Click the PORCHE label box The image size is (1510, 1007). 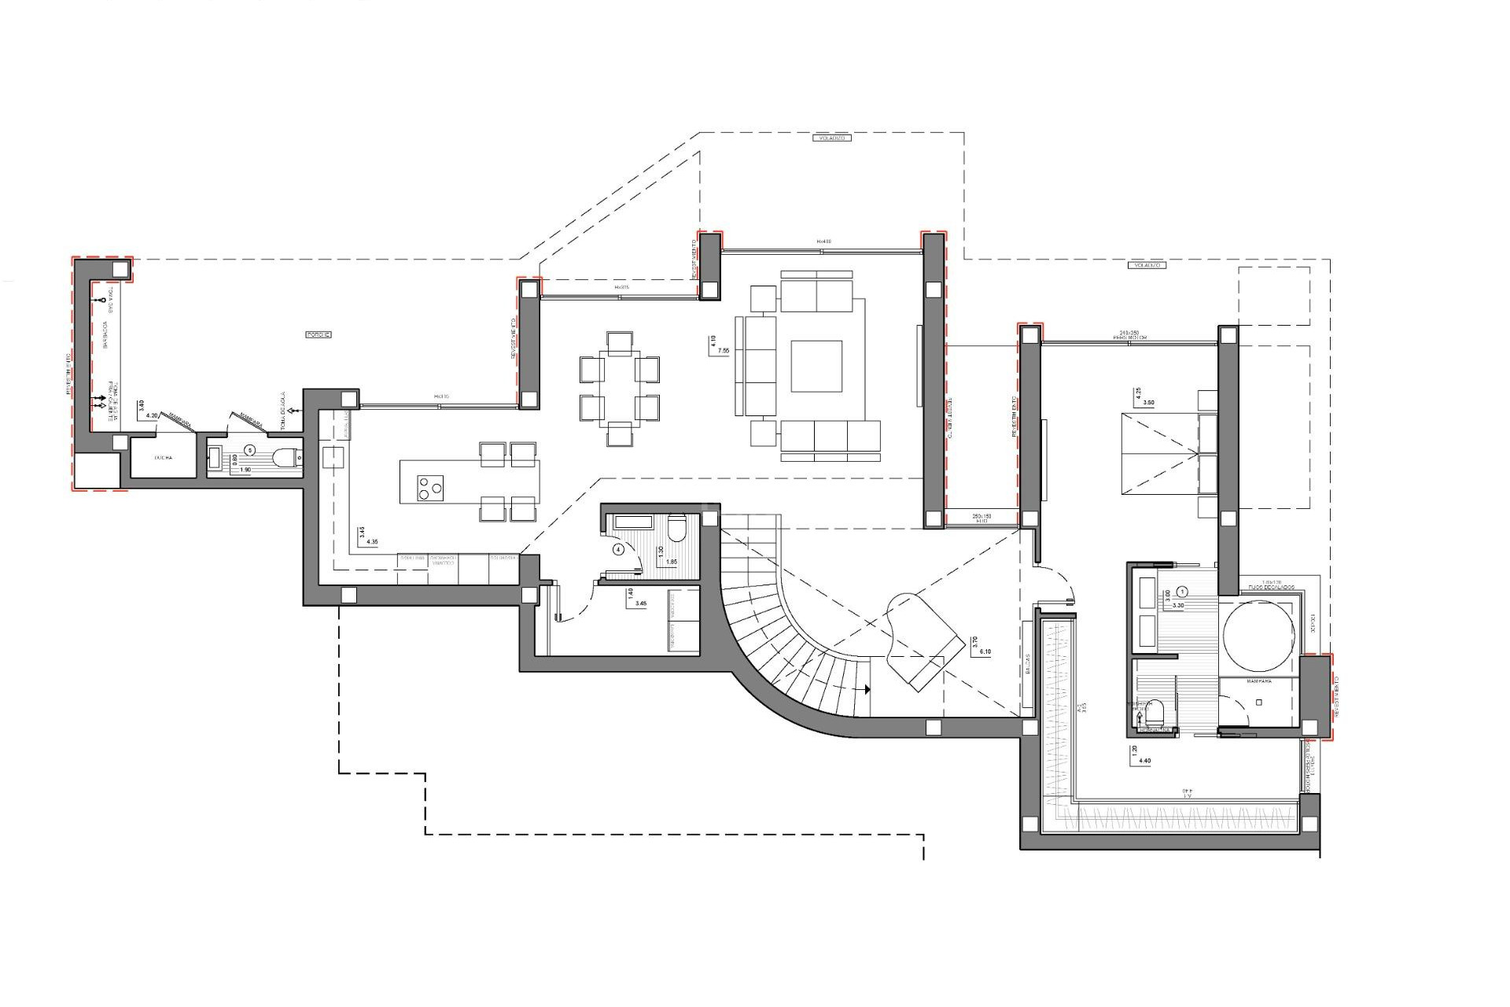[x=318, y=335]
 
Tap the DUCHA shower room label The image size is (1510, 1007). [x=164, y=457]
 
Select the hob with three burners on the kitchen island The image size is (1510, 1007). [x=429, y=489]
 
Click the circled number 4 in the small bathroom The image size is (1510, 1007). [x=618, y=550]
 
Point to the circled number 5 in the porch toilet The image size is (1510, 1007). [x=250, y=450]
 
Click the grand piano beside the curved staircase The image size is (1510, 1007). [x=923, y=642]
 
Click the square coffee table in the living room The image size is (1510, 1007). [x=816, y=366]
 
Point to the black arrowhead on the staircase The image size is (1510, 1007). [x=867, y=689]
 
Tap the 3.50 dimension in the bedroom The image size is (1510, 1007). [x=1149, y=403]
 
